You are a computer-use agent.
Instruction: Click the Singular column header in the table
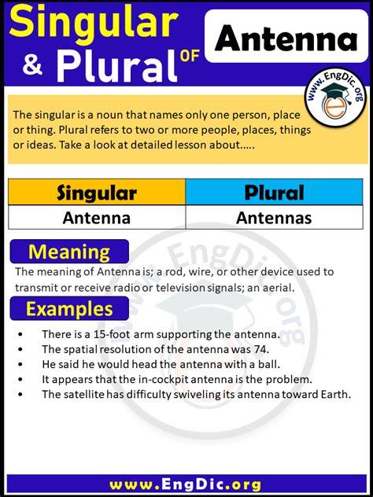[97, 192]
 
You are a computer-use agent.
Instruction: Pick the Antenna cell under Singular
[97, 218]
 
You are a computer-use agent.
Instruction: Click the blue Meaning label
[68, 252]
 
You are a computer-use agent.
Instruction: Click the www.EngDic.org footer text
[186, 481]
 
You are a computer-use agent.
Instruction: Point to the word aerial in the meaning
[275, 287]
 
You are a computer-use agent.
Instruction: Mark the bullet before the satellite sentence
[19, 394]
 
